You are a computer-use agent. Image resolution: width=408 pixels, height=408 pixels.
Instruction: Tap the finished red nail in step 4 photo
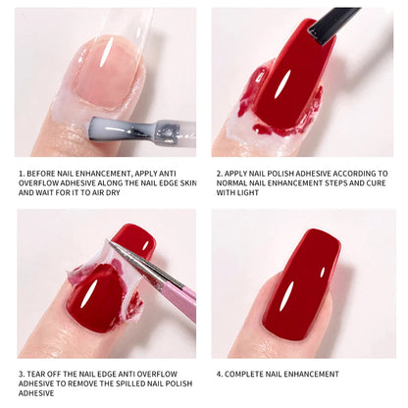tap(299, 284)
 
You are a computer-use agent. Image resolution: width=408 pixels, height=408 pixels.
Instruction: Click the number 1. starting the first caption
tap(21, 173)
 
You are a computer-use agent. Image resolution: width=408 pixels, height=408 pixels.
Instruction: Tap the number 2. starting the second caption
tap(216, 173)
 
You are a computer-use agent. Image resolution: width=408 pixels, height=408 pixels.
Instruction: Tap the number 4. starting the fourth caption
tap(216, 374)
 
